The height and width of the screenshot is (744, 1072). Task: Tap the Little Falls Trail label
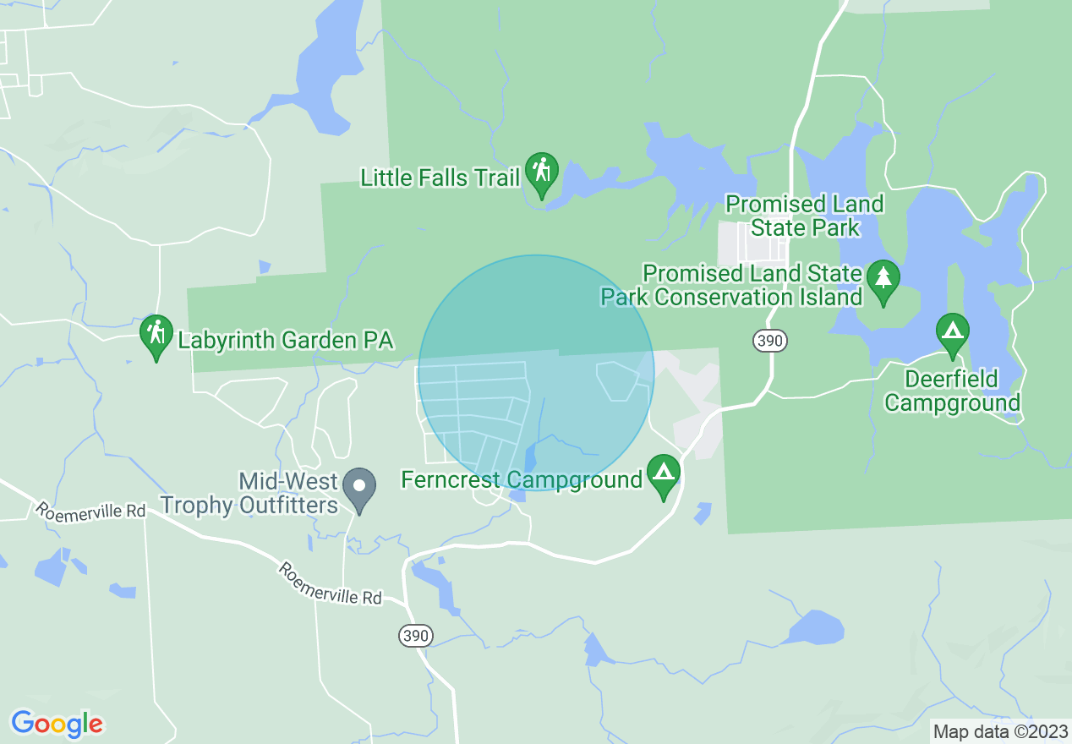tap(440, 178)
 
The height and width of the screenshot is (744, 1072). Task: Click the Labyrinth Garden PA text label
tap(286, 341)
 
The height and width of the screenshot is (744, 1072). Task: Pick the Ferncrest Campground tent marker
tap(664, 474)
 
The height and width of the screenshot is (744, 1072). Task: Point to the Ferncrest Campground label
tap(522, 480)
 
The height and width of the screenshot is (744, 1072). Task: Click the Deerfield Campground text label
tap(952, 391)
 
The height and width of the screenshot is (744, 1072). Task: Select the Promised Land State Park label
tap(805, 216)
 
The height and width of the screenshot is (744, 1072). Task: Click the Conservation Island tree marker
tap(883, 279)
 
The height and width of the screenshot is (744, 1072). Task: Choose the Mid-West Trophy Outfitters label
tap(249, 494)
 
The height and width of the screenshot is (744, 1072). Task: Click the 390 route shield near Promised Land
tap(770, 341)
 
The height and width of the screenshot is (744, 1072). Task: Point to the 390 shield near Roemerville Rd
tap(416, 636)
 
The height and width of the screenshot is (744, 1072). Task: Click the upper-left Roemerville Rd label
tap(90, 510)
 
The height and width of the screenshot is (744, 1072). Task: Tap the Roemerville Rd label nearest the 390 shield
tap(330, 584)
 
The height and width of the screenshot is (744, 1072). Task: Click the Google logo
tap(57, 724)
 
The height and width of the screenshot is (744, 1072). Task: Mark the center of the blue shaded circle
tap(536, 373)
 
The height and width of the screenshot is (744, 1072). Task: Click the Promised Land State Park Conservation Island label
tap(731, 285)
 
